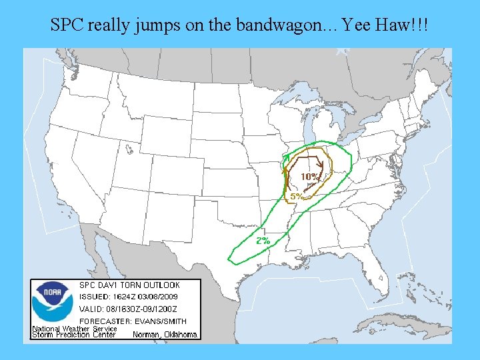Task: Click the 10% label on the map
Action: (309, 177)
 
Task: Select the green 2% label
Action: (263, 240)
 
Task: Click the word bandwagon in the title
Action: (276, 26)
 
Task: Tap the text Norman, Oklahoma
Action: (165, 335)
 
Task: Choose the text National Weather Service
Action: (75, 329)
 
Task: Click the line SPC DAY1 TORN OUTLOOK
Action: (129, 285)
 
